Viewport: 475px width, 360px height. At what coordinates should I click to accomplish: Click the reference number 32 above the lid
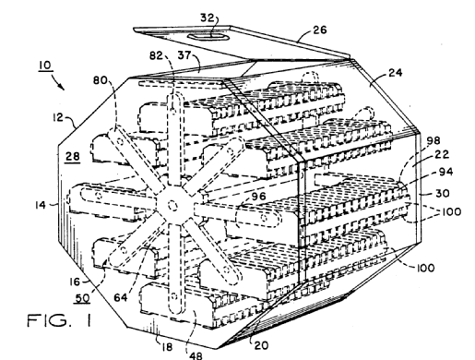(207, 18)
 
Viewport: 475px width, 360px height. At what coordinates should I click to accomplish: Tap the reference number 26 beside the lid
(320, 30)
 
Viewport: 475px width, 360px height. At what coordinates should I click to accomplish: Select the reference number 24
(396, 73)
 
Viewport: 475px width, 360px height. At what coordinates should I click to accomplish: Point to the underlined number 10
(45, 66)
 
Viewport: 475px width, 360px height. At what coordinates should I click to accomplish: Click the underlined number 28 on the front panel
(73, 156)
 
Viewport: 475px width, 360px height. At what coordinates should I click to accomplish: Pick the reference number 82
(156, 55)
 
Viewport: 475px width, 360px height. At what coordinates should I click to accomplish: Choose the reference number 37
(184, 55)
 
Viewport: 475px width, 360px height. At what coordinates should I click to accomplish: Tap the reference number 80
(101, 80)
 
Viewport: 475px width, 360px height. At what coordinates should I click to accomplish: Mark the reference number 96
(259, 196)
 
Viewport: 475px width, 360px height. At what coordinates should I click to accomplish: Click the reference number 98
(433, 140)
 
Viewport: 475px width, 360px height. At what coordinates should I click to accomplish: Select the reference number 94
(445, 172)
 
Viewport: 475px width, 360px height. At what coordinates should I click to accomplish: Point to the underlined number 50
(82, 298)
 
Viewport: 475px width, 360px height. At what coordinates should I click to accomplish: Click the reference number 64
(121, 297)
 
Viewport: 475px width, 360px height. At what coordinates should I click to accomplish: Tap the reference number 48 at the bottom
(196, 355)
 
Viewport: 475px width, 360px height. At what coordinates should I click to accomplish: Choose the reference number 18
(166, 347)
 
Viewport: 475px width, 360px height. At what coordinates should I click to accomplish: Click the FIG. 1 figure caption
(60, 320)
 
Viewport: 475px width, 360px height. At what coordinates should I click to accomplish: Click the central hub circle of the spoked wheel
(172, 204)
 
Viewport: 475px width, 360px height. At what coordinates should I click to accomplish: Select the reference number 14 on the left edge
(41, 205)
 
